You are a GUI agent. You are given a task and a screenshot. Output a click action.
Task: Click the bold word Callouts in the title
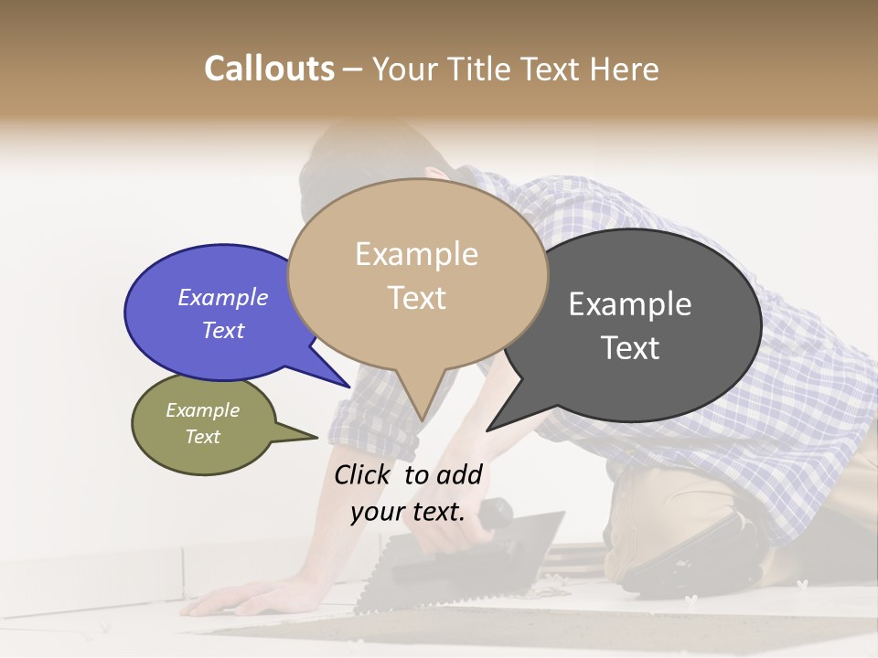point(269,69)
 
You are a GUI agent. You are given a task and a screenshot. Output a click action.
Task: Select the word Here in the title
point(626,69)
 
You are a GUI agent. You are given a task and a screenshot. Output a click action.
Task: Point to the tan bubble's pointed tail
point(420,402)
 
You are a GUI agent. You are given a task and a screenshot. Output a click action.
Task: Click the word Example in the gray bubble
point(630,303)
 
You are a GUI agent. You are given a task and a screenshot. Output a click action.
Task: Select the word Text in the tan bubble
point(417,297)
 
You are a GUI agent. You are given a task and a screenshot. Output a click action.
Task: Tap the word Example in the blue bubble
point(223,297)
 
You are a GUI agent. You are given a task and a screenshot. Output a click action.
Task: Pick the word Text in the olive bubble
point(203,437)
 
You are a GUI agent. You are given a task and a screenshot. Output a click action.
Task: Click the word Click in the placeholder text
point(363,474)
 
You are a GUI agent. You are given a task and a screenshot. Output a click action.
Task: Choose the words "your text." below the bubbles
point(408,512)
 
